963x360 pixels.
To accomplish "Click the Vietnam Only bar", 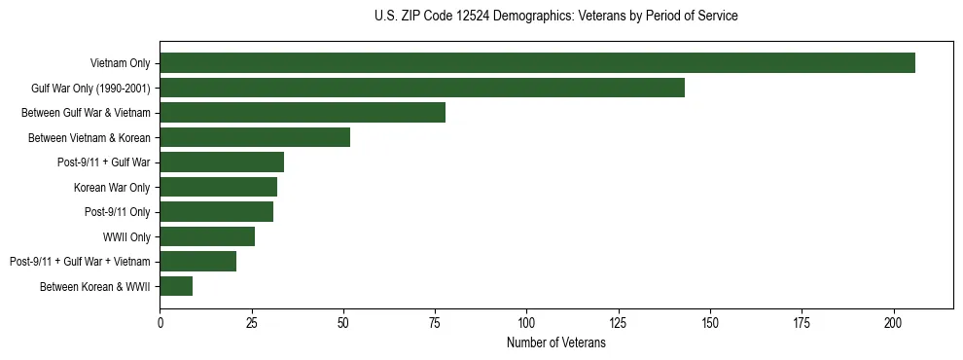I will point(537,63).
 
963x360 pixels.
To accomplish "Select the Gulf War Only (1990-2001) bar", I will point(422,88).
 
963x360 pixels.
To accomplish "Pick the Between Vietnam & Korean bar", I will point(255,137).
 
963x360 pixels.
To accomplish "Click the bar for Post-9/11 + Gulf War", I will point(222,162).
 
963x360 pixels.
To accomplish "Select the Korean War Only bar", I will point(218,187).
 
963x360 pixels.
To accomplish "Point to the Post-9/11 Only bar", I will point(216,211).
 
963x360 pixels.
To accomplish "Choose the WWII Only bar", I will point(207,236).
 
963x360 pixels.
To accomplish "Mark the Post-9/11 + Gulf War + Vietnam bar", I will point(197,261).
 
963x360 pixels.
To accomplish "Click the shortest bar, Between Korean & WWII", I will point(176,286).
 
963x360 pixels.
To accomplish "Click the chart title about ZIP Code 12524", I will point(555,17).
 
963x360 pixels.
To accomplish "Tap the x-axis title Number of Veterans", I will point(555,343).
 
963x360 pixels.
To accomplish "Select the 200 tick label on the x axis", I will point(893,322).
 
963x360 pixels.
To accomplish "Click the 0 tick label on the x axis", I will point(160,322).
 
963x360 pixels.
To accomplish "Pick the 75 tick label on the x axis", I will point(435,322).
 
